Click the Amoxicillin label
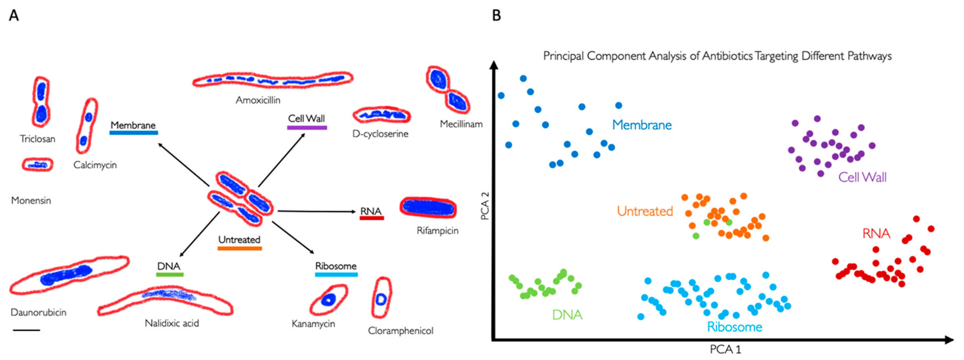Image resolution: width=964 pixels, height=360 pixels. pos(258,100)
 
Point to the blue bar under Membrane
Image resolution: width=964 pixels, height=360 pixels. pos(134,133)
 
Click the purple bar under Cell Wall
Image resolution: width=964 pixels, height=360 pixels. pos(307,128)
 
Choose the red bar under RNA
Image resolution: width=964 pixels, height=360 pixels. pos(372,218)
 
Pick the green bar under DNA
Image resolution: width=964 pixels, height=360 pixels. pos(170,275)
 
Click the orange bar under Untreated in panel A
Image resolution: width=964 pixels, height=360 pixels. pos(239,248)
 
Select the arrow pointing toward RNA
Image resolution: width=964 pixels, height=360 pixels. pos(316,212)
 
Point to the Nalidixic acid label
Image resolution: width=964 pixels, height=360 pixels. pos(172,323)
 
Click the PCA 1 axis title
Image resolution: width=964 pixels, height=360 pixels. pos(725,350)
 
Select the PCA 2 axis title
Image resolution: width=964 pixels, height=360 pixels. pos(485,206)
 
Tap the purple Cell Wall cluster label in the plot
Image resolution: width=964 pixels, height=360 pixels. pos(862,177)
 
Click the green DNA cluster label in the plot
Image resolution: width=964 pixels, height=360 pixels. pos(567,315)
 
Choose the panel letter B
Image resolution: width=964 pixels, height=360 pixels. pos(496,15)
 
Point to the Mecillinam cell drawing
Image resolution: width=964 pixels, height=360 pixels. pos(447,90)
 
